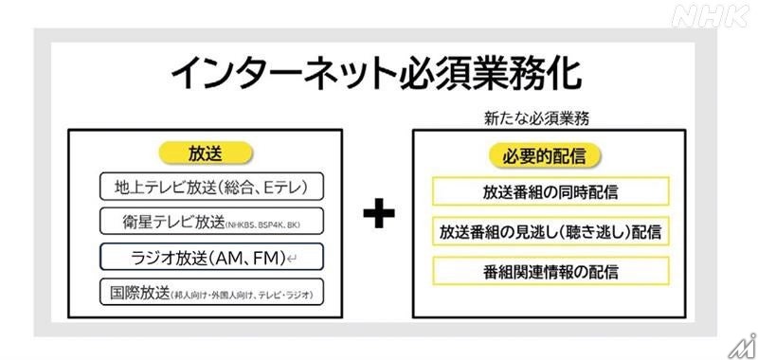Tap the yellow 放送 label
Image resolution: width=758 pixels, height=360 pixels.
pyautogui.click(x=207, y=152)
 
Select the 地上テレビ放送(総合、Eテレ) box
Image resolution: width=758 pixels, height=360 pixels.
pyautogui.click(x=211, y=185)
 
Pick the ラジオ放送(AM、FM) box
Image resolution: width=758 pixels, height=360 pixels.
pyautogui.click(x=211, y=257)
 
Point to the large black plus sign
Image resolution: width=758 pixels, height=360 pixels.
pyautogui.click(x=378, y=215)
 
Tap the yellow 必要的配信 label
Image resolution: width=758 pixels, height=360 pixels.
pyautogui.click(x=550, y=155)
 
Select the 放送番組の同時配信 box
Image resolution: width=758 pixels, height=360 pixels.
pyautogui.click(x=550, y=191)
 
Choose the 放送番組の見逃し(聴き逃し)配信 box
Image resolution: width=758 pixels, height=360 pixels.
pyautogui.click(x=550, y=231)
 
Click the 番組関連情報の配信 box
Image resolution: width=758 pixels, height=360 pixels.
pyautogui.click(x=550, y=271)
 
